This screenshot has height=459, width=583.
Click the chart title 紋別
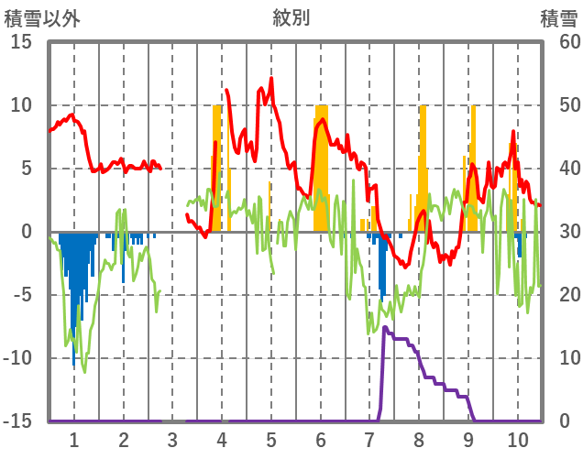(x=291, y=17)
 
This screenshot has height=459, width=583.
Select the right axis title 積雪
(x=557, y=17)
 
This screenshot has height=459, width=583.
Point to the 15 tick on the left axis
(x=21, y=42)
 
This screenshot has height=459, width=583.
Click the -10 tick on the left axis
(x=17, y=358)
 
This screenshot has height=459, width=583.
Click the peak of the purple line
(x=385, y=327)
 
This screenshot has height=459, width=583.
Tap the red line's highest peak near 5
(x=271, y=79)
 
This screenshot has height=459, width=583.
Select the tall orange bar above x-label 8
(x=423, y=165)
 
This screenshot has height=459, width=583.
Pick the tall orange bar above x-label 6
(x=321, y=165)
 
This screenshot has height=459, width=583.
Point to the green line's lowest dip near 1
(x=84, y=371)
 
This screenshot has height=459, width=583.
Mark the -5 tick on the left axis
(x=21, y=295)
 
